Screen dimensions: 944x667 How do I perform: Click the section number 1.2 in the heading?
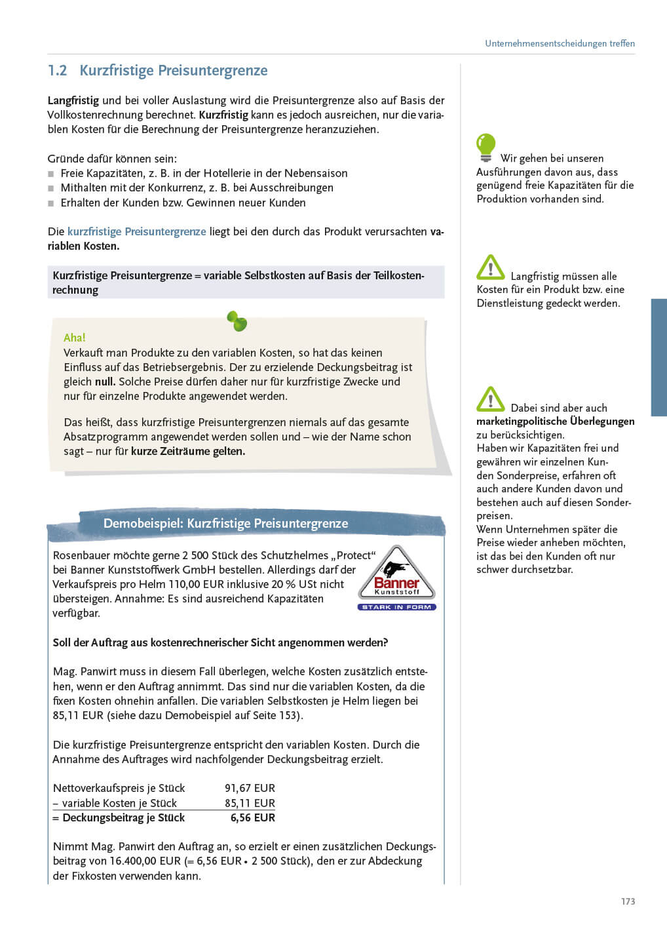click(x=58, y=71)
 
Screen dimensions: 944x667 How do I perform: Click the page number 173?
click(x=628, y=901)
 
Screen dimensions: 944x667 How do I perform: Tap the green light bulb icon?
click(x=486, y=147)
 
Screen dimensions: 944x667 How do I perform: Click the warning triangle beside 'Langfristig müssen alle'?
click(x=490, y=267)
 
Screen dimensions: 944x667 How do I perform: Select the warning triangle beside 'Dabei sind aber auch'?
click(x=490, y=399)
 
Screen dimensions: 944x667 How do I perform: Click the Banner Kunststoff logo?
click(x=396, y=574)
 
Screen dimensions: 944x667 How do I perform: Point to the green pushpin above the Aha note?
click(x=237, y=321)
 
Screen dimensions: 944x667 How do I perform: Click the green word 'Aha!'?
click(x=75, y=338)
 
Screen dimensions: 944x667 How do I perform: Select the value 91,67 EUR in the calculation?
click(x=250, y=788)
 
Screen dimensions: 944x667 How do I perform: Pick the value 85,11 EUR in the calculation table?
click(x=250, y=803)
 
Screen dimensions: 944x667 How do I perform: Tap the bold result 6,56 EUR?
click(x=252, y=817)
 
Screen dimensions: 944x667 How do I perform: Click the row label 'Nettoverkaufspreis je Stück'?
click(x=119, y=788)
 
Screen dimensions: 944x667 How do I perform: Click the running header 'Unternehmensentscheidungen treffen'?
click(x=560, y=43)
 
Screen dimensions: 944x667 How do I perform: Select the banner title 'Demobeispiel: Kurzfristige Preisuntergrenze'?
click(x=225, y=523)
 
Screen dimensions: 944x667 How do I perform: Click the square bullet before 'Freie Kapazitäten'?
click(x=51, y=174)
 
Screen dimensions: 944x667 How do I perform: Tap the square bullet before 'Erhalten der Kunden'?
click(x=51, y=203)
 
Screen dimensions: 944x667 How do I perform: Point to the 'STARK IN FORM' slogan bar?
click(x=396, y=607)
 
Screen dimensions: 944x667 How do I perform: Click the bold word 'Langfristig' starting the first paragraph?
click(x=73, y=100)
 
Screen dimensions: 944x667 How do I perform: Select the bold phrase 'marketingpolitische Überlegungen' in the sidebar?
click(x=555, y=421)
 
